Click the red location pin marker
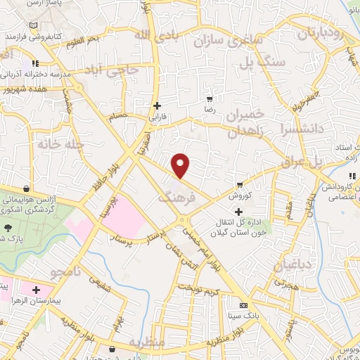point(181,165)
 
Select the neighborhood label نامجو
point(75,271)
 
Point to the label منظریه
point(146,342)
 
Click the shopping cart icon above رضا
point(209,99)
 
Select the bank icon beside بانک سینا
point(243,306)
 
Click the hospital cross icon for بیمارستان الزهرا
point(35,289)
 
